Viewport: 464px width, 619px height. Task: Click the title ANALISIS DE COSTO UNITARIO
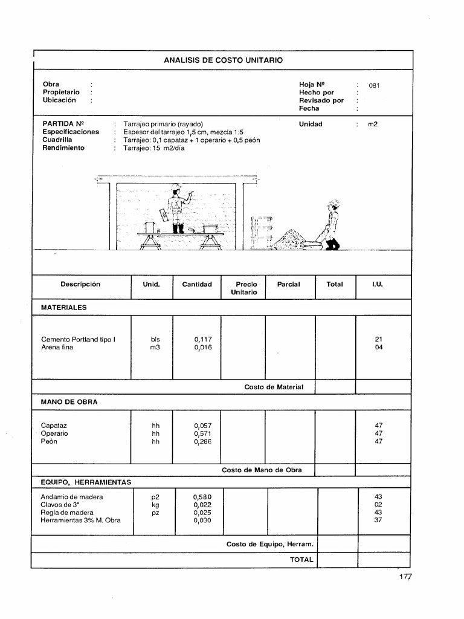223,60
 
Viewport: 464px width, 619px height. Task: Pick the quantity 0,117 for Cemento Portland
203,340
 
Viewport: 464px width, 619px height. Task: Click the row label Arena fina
57,348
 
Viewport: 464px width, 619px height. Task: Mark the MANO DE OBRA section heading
69,402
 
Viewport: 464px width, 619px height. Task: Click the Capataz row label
54,426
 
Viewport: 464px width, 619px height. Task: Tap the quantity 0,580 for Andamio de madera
202,497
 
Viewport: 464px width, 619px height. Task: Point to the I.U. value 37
378,520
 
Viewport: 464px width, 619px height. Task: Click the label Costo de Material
274,387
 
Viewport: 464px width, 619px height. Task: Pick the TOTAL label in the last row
301,560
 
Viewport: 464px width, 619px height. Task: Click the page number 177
404,577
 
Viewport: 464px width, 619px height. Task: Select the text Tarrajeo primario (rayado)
163,124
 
